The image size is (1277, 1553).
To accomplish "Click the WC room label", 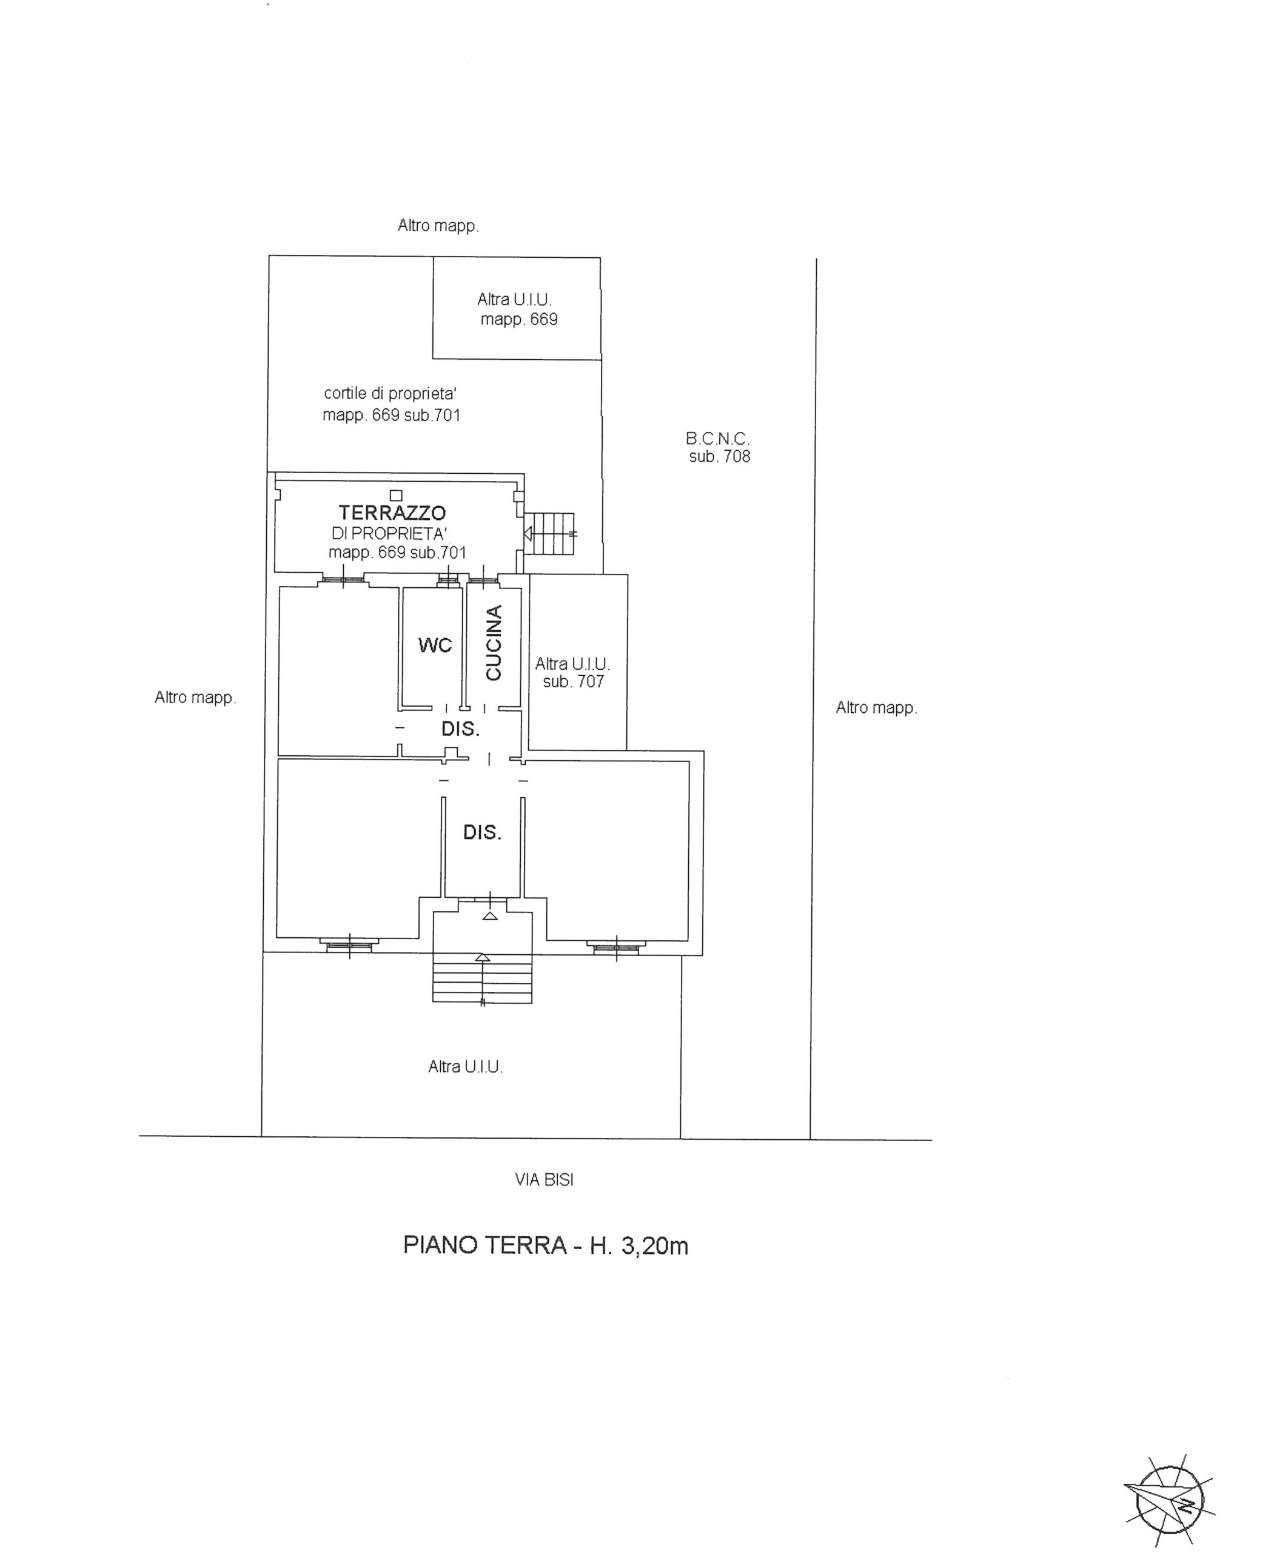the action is pos(435,645).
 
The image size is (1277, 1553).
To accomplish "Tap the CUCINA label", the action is pos(494,642).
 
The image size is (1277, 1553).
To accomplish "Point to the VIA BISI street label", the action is pos(545,1180).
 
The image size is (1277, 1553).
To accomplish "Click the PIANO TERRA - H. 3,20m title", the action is pos(546,1245).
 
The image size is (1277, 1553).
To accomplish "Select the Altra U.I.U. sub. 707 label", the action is pos(573,673).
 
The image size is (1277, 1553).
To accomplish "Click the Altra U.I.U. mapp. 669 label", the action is pos(518,309).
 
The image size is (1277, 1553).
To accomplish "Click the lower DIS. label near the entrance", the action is pos(483,832).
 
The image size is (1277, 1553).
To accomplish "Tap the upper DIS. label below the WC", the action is pos(460,729).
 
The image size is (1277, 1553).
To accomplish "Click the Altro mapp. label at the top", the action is pos(438,226).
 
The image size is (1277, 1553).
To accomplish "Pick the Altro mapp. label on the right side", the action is pos(877,708).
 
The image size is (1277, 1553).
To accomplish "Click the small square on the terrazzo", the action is pos(397,496).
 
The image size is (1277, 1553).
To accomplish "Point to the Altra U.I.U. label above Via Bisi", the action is pos(466,1066).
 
